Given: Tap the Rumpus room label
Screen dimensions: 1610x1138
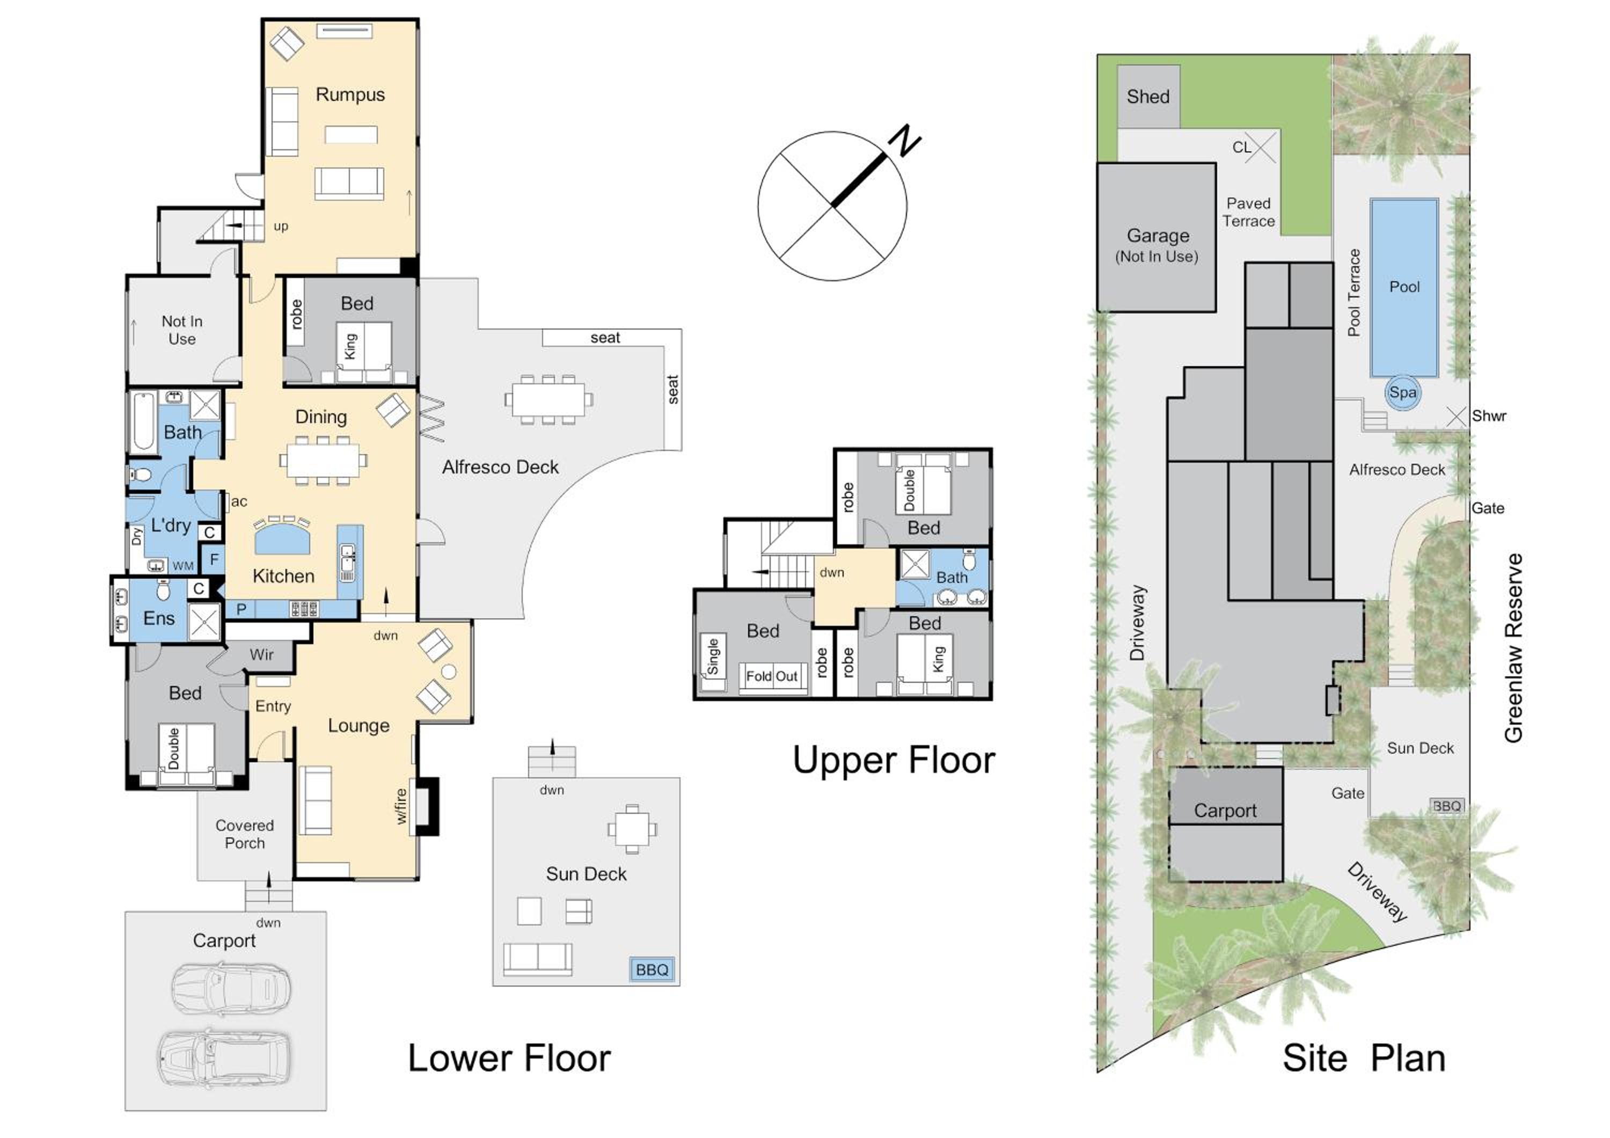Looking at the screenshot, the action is coord(350,94).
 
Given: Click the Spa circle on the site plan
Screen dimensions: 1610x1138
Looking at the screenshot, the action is coord(1402,392).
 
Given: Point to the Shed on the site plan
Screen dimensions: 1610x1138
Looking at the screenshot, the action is coord(1148,97).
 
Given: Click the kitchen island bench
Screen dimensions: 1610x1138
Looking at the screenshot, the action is coord(282,538).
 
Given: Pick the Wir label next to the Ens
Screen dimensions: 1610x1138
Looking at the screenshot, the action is coord(261,655).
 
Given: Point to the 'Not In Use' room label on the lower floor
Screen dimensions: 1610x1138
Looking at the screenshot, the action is coord(182,330).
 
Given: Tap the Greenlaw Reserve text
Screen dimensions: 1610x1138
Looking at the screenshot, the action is coord(1514,648).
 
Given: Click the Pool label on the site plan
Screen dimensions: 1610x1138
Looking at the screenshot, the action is coord(1404,287).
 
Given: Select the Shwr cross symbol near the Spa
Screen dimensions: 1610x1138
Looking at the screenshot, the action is coord(1457,417).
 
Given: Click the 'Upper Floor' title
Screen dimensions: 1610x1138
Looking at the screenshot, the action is coord(894,761).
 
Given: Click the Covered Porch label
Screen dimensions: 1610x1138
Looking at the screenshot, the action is coord(245,834).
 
